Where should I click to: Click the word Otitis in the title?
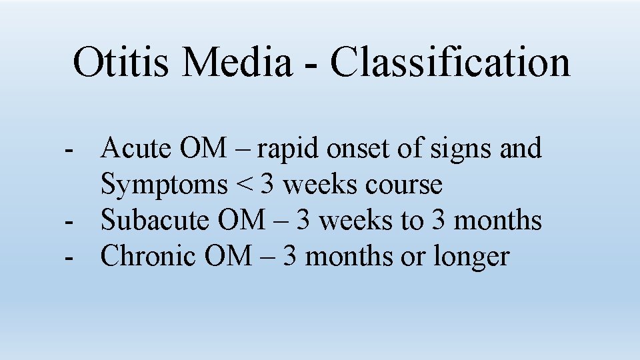pos(122,62)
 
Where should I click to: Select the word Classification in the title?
pos(450,62)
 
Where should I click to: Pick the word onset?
pos(355,149)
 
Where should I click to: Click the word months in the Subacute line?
pos(497,220)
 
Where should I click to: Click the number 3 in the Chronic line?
pos(290,256)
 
